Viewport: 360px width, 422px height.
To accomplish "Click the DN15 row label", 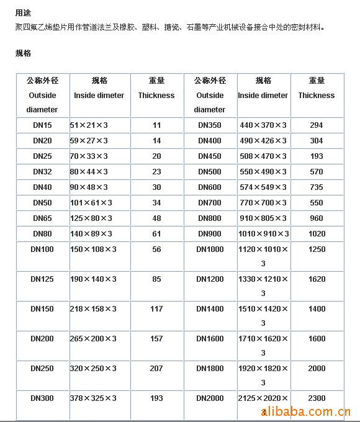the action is click(x=42, y=125).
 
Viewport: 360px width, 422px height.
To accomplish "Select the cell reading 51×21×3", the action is click(x=89, y=125).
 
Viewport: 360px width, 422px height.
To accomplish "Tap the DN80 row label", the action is click(x=42, y=234).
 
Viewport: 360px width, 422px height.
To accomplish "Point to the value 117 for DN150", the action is click(x=156, y=308).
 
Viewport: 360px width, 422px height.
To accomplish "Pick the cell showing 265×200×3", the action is click(x=93, y=338).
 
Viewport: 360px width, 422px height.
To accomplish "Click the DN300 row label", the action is click(x=42, y=398).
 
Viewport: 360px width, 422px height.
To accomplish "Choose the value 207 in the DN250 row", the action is click(x=156, y=368).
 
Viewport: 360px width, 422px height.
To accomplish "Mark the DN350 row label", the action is click(x=210, y=125).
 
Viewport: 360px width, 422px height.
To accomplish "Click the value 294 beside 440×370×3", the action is click(x=317, y=125).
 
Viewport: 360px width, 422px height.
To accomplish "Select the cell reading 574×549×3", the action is click(x=263, y=187).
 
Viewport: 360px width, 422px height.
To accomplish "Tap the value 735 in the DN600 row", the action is click(x=317, y=187).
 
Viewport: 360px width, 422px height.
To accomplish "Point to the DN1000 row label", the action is click(x=210, y=249).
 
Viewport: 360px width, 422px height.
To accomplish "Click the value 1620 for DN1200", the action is click(x=317, y=279).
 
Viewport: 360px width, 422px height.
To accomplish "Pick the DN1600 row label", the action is click(x=210, y=338).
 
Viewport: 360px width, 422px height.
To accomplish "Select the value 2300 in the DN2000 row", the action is click(x=317, y=398).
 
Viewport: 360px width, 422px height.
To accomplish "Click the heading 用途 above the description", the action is click(x=23, y=12).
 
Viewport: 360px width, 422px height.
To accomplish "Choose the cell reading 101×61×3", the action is click(x=91, y=202).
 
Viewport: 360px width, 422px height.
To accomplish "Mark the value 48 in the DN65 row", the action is click(x=156, y=218).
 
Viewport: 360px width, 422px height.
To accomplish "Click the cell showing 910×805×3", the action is click(x=263, y=218).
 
